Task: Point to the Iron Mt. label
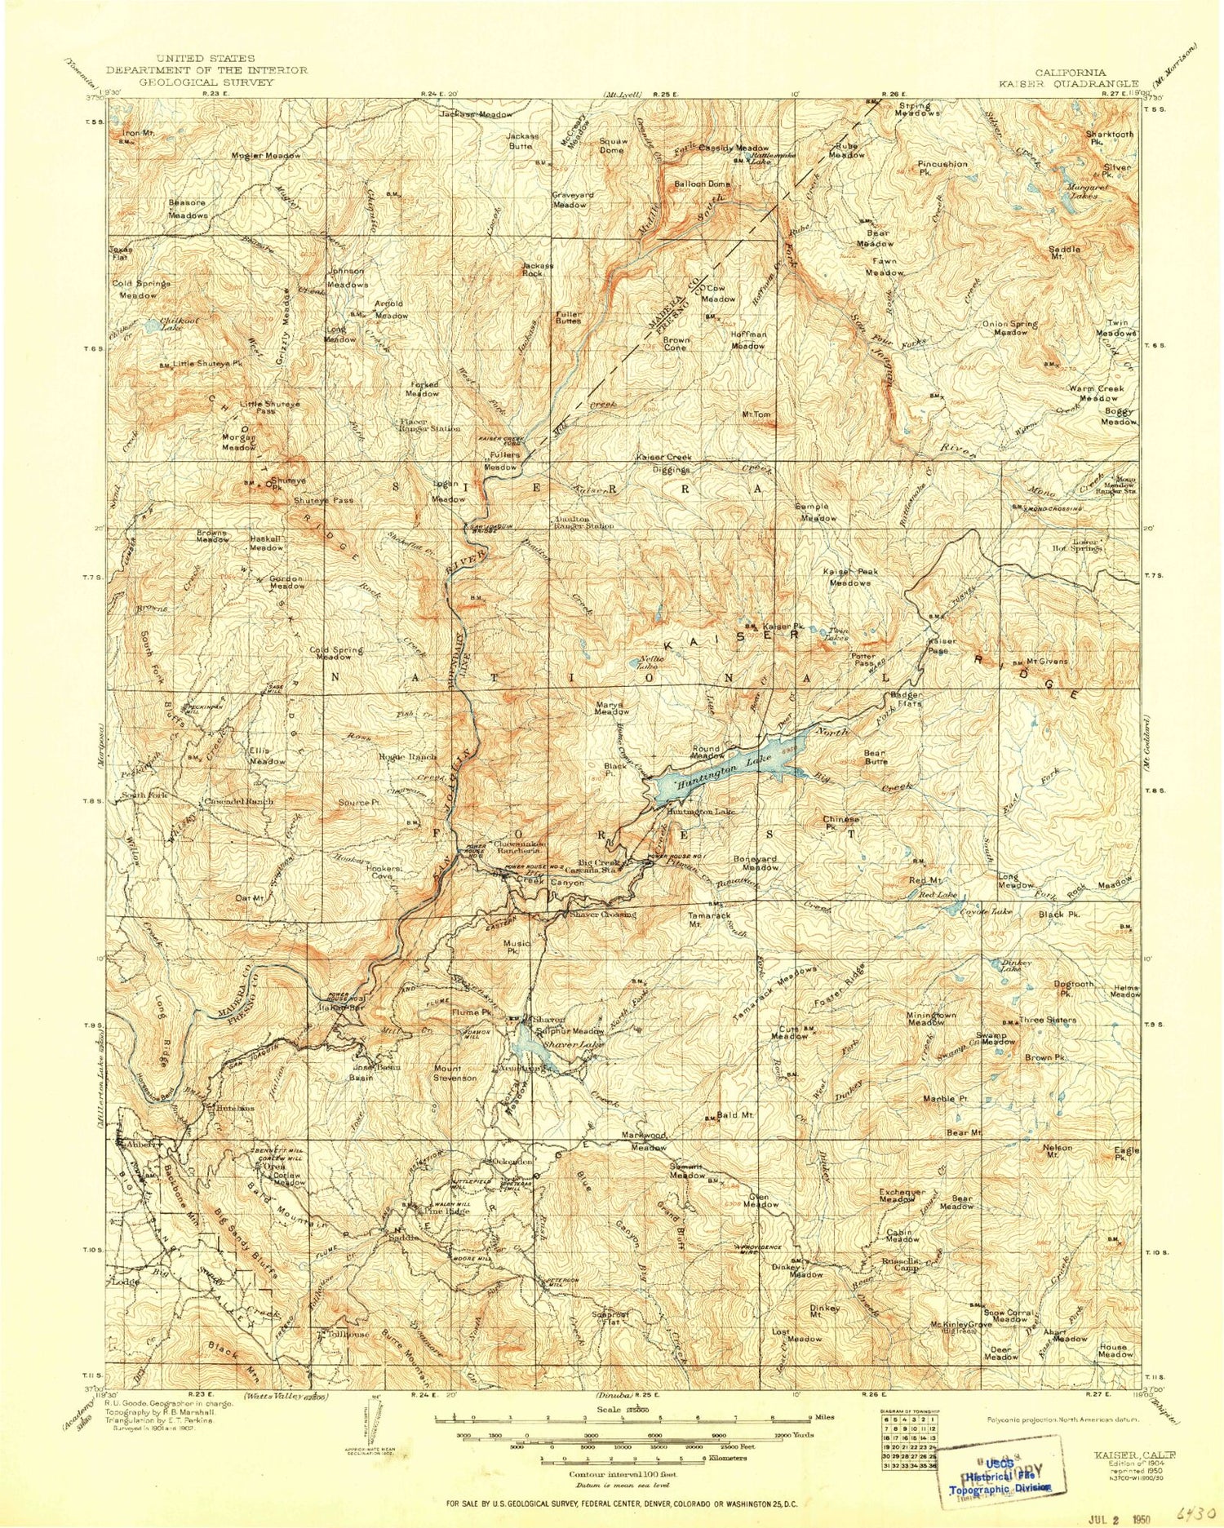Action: pyautogui.click(x=138, y=132)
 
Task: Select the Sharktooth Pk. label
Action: pyautogui.click(x=1109, y=138)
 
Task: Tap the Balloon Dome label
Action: pyautogui.click(x=702, y=184)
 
